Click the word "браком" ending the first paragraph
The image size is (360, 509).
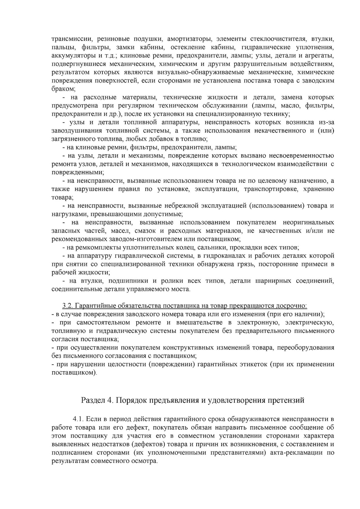63,89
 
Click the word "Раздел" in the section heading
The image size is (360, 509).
93,400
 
